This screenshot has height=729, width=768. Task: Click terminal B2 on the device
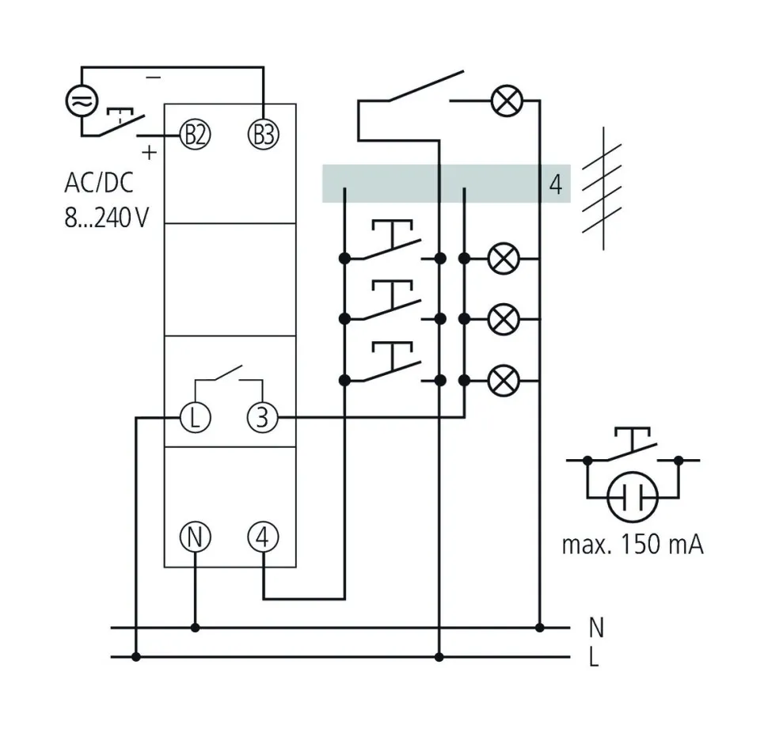point(196,134)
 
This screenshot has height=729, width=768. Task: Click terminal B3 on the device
point(264,134)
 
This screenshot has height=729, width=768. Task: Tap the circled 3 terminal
point(264,417)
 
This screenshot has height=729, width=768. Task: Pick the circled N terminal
point(196,537)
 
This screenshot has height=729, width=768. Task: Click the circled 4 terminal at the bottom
point(264,537)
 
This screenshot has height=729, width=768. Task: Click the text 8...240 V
point(107,218)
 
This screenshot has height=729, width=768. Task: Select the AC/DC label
point(99,184)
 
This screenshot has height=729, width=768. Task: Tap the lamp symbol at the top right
point(503,101)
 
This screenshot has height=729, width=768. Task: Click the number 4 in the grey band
point(555,184)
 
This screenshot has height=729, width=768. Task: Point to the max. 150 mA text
point(632,545)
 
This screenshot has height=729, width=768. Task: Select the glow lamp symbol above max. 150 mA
point(633,498)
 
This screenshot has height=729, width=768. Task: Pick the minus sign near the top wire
point(154,78)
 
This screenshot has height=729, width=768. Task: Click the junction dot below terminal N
point(196,628)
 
